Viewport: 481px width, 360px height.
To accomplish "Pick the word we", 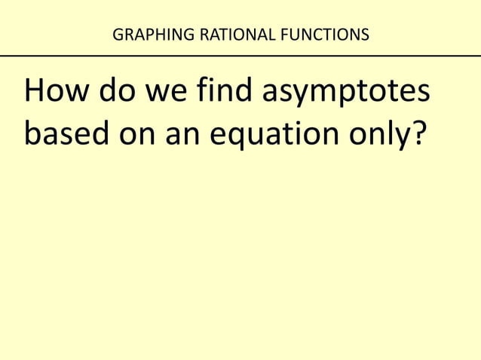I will (x=159, y=95).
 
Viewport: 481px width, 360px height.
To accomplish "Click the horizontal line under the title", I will (x=240, y=55).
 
